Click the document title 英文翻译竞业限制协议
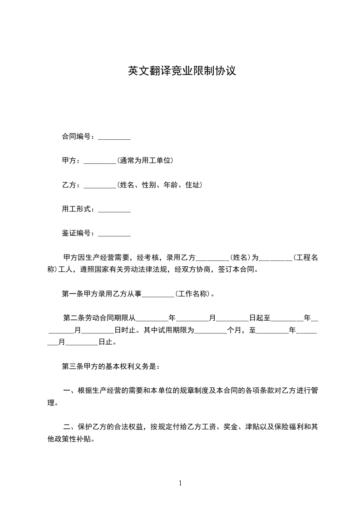tap(182, 71)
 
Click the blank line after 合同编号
tap(114, 137)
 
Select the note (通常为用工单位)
tap(145, 161)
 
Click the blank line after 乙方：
tap(100, 185)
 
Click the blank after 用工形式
tap(114, 209)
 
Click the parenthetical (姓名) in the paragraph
tap(240, 258)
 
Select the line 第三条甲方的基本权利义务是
tap(110, 366)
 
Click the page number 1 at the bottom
tap(180, 483)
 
